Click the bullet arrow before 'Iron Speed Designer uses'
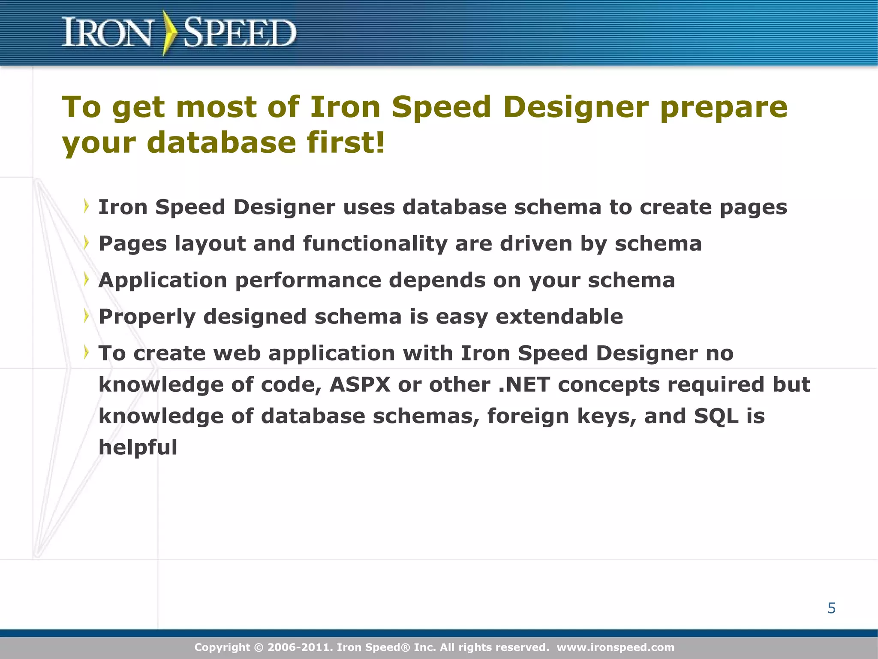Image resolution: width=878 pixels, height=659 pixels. [87, 206]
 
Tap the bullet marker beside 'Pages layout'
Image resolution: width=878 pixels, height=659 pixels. [87, 243]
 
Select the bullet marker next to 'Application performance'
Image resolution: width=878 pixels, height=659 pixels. [87, 279]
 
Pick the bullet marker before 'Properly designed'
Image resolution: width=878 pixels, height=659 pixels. [87, 316]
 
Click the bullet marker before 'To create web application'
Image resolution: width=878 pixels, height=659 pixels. [87, 352]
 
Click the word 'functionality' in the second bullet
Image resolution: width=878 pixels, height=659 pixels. [375, 244]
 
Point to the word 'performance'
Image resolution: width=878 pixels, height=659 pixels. [308, 280]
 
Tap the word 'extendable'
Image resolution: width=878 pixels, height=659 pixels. [559, 317]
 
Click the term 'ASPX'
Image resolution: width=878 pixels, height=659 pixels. [360, 384]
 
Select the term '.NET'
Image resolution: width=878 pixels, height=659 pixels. [524, 384]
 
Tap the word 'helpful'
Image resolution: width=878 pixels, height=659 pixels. [138, 447]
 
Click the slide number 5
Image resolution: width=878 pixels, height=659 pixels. [831, 608]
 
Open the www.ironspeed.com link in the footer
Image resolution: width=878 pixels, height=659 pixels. [615, 647]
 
